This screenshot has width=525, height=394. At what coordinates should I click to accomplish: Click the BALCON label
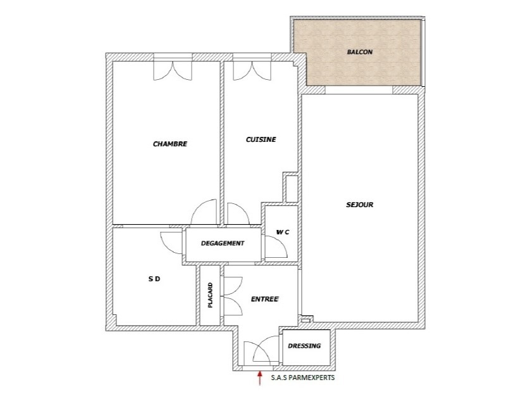pos(360,52)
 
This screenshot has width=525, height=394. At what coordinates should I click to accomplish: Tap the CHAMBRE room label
pos(170,144)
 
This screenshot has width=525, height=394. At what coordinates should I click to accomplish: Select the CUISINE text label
pos(261,139)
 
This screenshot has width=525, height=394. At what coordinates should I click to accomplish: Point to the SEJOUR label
pos(360,205)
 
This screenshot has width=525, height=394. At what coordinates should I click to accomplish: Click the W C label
pos(282,232)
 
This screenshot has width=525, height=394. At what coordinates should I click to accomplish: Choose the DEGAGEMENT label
pos(222,243)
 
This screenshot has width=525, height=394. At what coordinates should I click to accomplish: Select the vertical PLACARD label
pos(211,295)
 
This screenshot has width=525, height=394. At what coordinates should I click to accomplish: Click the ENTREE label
pos(264,298)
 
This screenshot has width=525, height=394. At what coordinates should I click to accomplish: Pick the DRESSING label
pos(305,346)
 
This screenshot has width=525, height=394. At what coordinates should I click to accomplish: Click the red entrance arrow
pos(259,378)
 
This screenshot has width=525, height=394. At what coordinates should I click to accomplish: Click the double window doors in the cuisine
pos(252,70)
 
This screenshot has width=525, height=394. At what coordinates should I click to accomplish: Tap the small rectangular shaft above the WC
pos(292,189)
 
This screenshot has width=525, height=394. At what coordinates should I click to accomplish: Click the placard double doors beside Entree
pos(232,296)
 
